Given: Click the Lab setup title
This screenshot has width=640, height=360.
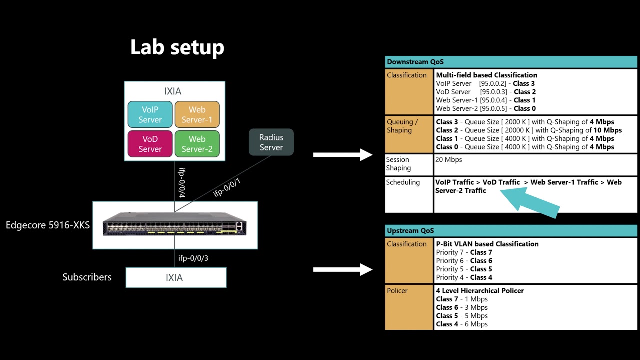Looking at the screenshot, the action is tap(177, 47).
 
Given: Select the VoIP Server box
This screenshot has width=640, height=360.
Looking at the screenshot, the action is tap(150, 114).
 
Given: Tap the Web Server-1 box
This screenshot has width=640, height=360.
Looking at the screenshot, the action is tap(197, 114).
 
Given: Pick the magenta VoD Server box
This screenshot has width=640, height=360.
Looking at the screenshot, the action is tap(150, 144).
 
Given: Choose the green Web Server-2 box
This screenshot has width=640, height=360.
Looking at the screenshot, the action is tap(197, 144).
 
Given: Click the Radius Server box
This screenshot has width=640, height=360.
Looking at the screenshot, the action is tap(271, 142).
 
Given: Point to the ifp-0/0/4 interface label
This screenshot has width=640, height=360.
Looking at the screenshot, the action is tap(182, 183).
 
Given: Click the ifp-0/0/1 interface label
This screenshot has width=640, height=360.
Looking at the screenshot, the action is tap(227, 188).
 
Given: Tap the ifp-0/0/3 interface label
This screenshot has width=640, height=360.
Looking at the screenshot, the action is tap(193, 258).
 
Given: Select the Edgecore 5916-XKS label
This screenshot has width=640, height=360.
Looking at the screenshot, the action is tap(48, 225).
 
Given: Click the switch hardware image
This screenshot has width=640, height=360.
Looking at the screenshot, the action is tap(174, 224).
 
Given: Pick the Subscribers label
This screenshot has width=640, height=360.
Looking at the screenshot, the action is tap(87, 277).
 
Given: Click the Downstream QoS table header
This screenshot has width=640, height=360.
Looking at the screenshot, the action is tap(511, 62).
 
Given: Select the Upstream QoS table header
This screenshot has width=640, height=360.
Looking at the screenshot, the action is tap(511, 231).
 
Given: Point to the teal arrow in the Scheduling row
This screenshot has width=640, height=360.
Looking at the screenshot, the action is tap(530, 203).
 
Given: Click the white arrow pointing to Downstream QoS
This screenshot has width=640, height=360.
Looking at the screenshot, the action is tap(343, 155).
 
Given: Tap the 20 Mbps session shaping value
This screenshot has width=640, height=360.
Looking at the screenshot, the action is tap(448, 159).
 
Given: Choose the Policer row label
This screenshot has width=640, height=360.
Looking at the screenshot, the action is tap(397, 291).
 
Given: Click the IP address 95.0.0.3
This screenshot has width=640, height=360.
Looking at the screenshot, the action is tap(493, 92).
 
